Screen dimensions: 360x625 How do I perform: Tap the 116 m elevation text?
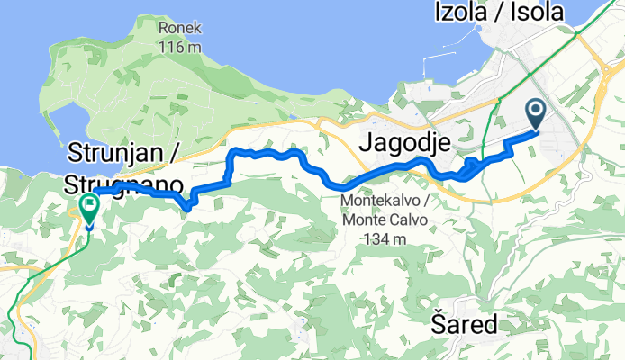pyautogui.click(x=178, y=46)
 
